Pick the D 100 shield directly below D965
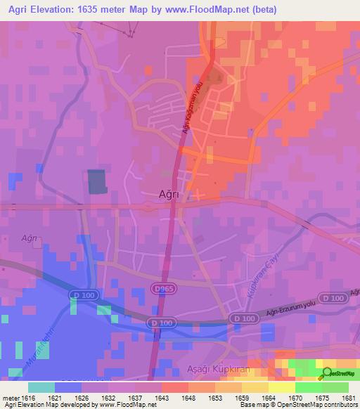161,323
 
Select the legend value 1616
28,398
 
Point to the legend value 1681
349,398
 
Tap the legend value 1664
269,398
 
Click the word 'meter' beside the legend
10,398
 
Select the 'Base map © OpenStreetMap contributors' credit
298,405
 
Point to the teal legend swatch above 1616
41,387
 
